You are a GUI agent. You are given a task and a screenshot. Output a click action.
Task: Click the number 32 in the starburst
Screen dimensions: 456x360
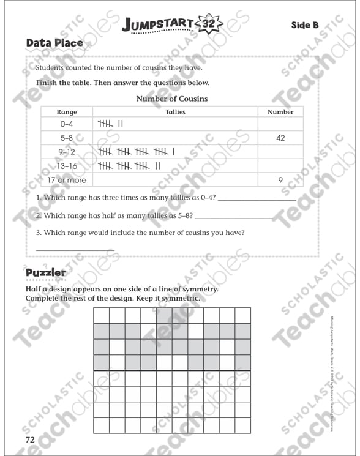pyautogui.click(x=208, y=24)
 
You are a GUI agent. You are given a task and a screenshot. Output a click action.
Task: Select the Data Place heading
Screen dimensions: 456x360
pyautogui.click(x=54, y=43)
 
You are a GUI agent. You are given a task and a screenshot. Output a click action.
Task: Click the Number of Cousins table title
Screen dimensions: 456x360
pyautogui.click(x=171, y=99)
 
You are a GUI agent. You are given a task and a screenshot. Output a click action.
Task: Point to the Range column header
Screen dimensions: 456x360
pyautogui.click(x=66, y=112)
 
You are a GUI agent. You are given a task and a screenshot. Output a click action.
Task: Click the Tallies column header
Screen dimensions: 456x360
pyautogui.click(x=175, y=112)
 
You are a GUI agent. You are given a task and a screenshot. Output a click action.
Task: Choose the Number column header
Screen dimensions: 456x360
pyautogui.click(x=280, y=112)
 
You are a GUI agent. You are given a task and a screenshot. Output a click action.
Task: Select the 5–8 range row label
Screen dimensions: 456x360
pyautogui.click(x=66, y=138)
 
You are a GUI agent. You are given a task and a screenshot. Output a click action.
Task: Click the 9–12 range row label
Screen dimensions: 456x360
pyautogui.click(x=66, y=152)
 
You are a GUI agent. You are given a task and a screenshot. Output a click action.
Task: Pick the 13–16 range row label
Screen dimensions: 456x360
pyautogui.click(x=66, y=166)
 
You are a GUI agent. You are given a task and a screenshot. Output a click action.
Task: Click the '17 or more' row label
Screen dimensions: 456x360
pyautogui.click(x=66, y=180)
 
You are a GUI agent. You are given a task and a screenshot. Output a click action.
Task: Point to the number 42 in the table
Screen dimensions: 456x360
pyautogui.click(x=280, y=138)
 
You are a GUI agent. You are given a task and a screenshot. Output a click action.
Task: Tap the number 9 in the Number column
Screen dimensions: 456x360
pyautogui.click(x=280, y=180)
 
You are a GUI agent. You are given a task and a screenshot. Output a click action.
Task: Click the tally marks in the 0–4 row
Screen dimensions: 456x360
pyautogui.click(x=111, y=124)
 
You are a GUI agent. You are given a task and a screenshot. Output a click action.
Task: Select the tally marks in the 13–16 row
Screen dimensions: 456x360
pyautogui.click(x=129, y=166)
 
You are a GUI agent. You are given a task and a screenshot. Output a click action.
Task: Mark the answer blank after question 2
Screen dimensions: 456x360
pyautogui.click(x=233, y=218)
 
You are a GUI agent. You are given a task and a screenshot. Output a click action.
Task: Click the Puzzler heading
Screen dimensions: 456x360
pyautogui.click(x=46, y=272)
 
